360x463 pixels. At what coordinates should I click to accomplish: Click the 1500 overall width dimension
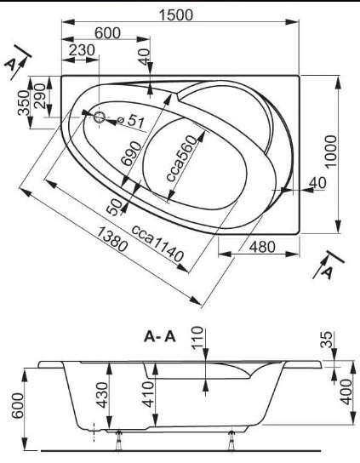[176, 15]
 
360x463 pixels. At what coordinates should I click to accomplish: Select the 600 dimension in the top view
[107, 33]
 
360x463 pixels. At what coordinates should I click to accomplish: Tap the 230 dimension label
[82, 50]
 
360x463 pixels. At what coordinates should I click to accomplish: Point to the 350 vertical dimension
[24, 102]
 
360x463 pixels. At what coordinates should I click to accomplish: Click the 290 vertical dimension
[39, 96]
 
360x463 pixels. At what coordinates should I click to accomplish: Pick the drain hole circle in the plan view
[100, 117]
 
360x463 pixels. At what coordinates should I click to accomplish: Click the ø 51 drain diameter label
[130, 121]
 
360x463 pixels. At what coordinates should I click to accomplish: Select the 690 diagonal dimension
[131, 153]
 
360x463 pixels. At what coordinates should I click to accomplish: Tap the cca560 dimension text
[181, 158]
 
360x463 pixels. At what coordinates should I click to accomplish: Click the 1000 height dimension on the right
[330, 151]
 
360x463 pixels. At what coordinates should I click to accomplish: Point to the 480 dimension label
[262, 247]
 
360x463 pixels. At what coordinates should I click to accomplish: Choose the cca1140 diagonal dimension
[157, 244]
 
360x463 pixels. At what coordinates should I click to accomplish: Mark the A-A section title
[160, 336]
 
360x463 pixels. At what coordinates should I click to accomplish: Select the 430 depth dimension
[103, 395]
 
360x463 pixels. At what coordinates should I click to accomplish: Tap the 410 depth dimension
[148, 394]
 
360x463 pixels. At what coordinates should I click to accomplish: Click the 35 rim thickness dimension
[326, 340]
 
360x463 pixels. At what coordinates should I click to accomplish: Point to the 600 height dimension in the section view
[18, 405]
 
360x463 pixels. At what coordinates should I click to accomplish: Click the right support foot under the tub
[231, 441]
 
